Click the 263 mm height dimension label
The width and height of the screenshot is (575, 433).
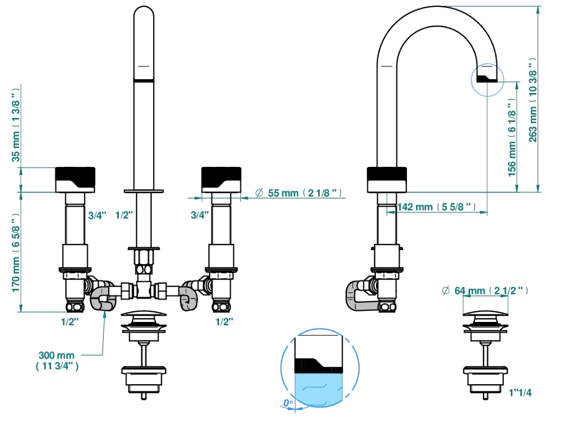tap(533, 100)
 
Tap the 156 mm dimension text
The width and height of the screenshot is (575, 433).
tap(512, 138)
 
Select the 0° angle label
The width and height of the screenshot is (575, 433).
tap(288, 403)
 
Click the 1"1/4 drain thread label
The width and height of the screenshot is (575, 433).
tap(520, 393)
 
